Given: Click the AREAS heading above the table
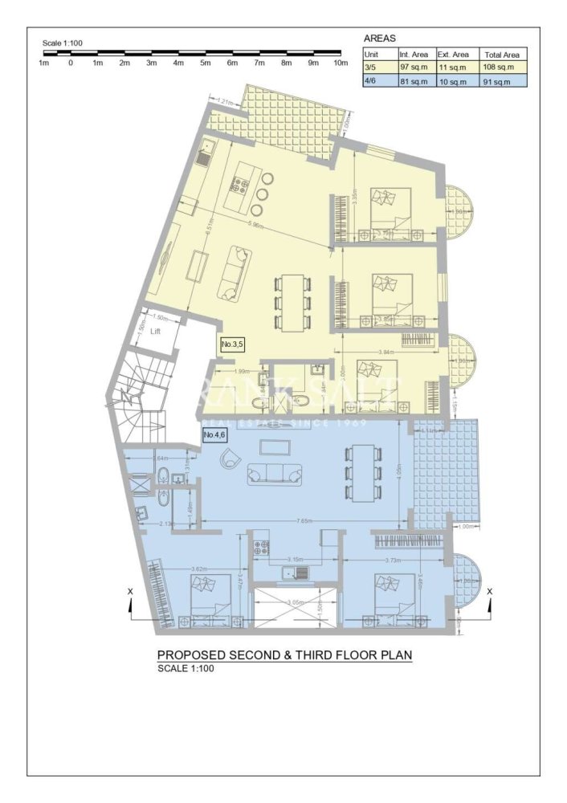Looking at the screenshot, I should tap(381, 38).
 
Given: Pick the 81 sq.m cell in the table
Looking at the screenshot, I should tap(415, 80).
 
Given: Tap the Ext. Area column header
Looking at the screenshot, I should tap(453, 54).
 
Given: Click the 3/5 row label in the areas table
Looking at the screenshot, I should tap(370, 67).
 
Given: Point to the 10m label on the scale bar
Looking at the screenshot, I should tap(341, 63).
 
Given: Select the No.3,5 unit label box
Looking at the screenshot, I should tap(231, 344).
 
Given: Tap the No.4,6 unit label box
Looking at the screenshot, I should tap(214, 435).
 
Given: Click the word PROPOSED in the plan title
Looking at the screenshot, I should tap(188, 655).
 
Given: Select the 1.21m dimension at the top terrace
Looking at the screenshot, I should tap(226, 101).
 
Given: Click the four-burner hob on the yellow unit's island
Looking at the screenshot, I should tap(239, 187).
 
